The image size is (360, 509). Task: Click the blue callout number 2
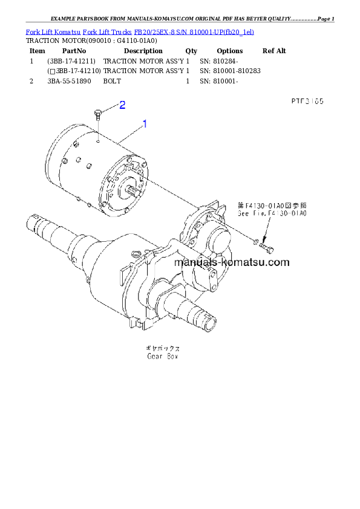click(122, 105)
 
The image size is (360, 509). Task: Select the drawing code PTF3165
click(307, 102)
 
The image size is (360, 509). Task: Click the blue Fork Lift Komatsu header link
click(140, 31)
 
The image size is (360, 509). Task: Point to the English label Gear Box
click(163, 357)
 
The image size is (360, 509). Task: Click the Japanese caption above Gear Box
click(163, 349)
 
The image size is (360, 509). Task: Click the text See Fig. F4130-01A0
click(272, 213)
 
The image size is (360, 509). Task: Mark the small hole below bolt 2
click(97, 136)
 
